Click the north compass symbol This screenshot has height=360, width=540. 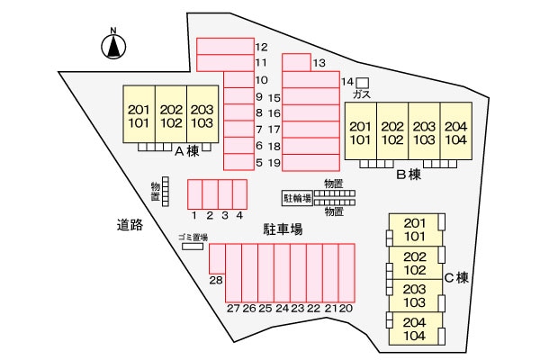(113, 45)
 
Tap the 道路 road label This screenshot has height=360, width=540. (130, 225)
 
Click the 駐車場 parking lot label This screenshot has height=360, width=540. (282, 229)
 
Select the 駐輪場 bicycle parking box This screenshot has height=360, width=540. (297, 198)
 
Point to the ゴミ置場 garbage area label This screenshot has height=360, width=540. (192, 237)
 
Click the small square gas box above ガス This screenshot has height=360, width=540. (363, 83)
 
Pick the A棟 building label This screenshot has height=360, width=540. (186, 152)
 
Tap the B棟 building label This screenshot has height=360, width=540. (409, 175)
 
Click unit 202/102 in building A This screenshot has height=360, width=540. (171, 115)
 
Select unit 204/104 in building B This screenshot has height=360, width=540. (456, 132)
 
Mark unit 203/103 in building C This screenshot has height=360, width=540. (415, 295)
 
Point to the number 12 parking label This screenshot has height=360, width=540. (262, 47)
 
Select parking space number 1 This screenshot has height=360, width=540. (194, 193)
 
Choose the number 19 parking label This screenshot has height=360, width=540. (275, 163)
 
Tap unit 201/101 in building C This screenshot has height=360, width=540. (415, 229)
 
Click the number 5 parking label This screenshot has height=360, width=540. (259, 163)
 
